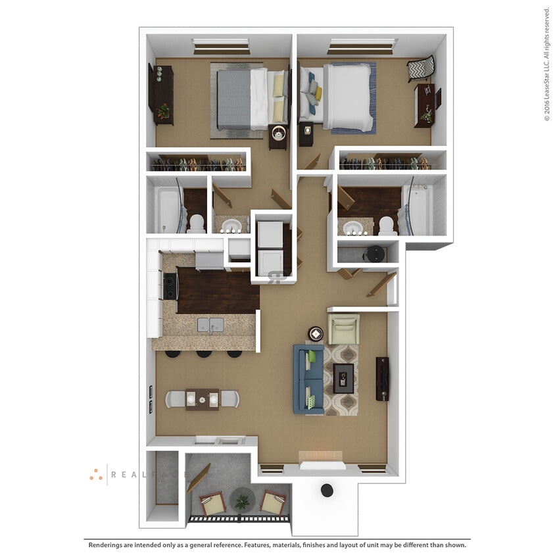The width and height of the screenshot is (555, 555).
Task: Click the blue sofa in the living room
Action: click(308, 380)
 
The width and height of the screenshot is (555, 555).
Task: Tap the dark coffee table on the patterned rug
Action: click(343, 378)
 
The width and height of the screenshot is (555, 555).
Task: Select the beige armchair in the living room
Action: click(343, 328)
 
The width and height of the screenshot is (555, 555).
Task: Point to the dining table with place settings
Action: click(202, 399)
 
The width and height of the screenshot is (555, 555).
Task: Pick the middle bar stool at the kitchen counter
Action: click(203, 354)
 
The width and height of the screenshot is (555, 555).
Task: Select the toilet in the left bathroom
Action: click(196, 223)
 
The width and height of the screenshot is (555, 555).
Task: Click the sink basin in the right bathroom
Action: click(353, 228)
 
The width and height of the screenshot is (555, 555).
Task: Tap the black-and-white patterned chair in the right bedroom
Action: click(420, 68)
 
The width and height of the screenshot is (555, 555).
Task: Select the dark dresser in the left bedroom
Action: click(162, 95)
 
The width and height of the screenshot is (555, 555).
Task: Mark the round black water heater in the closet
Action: click(375, 253)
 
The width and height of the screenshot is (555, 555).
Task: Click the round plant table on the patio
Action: click(243, 501)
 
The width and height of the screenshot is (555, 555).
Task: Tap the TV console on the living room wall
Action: click(382, 379)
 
